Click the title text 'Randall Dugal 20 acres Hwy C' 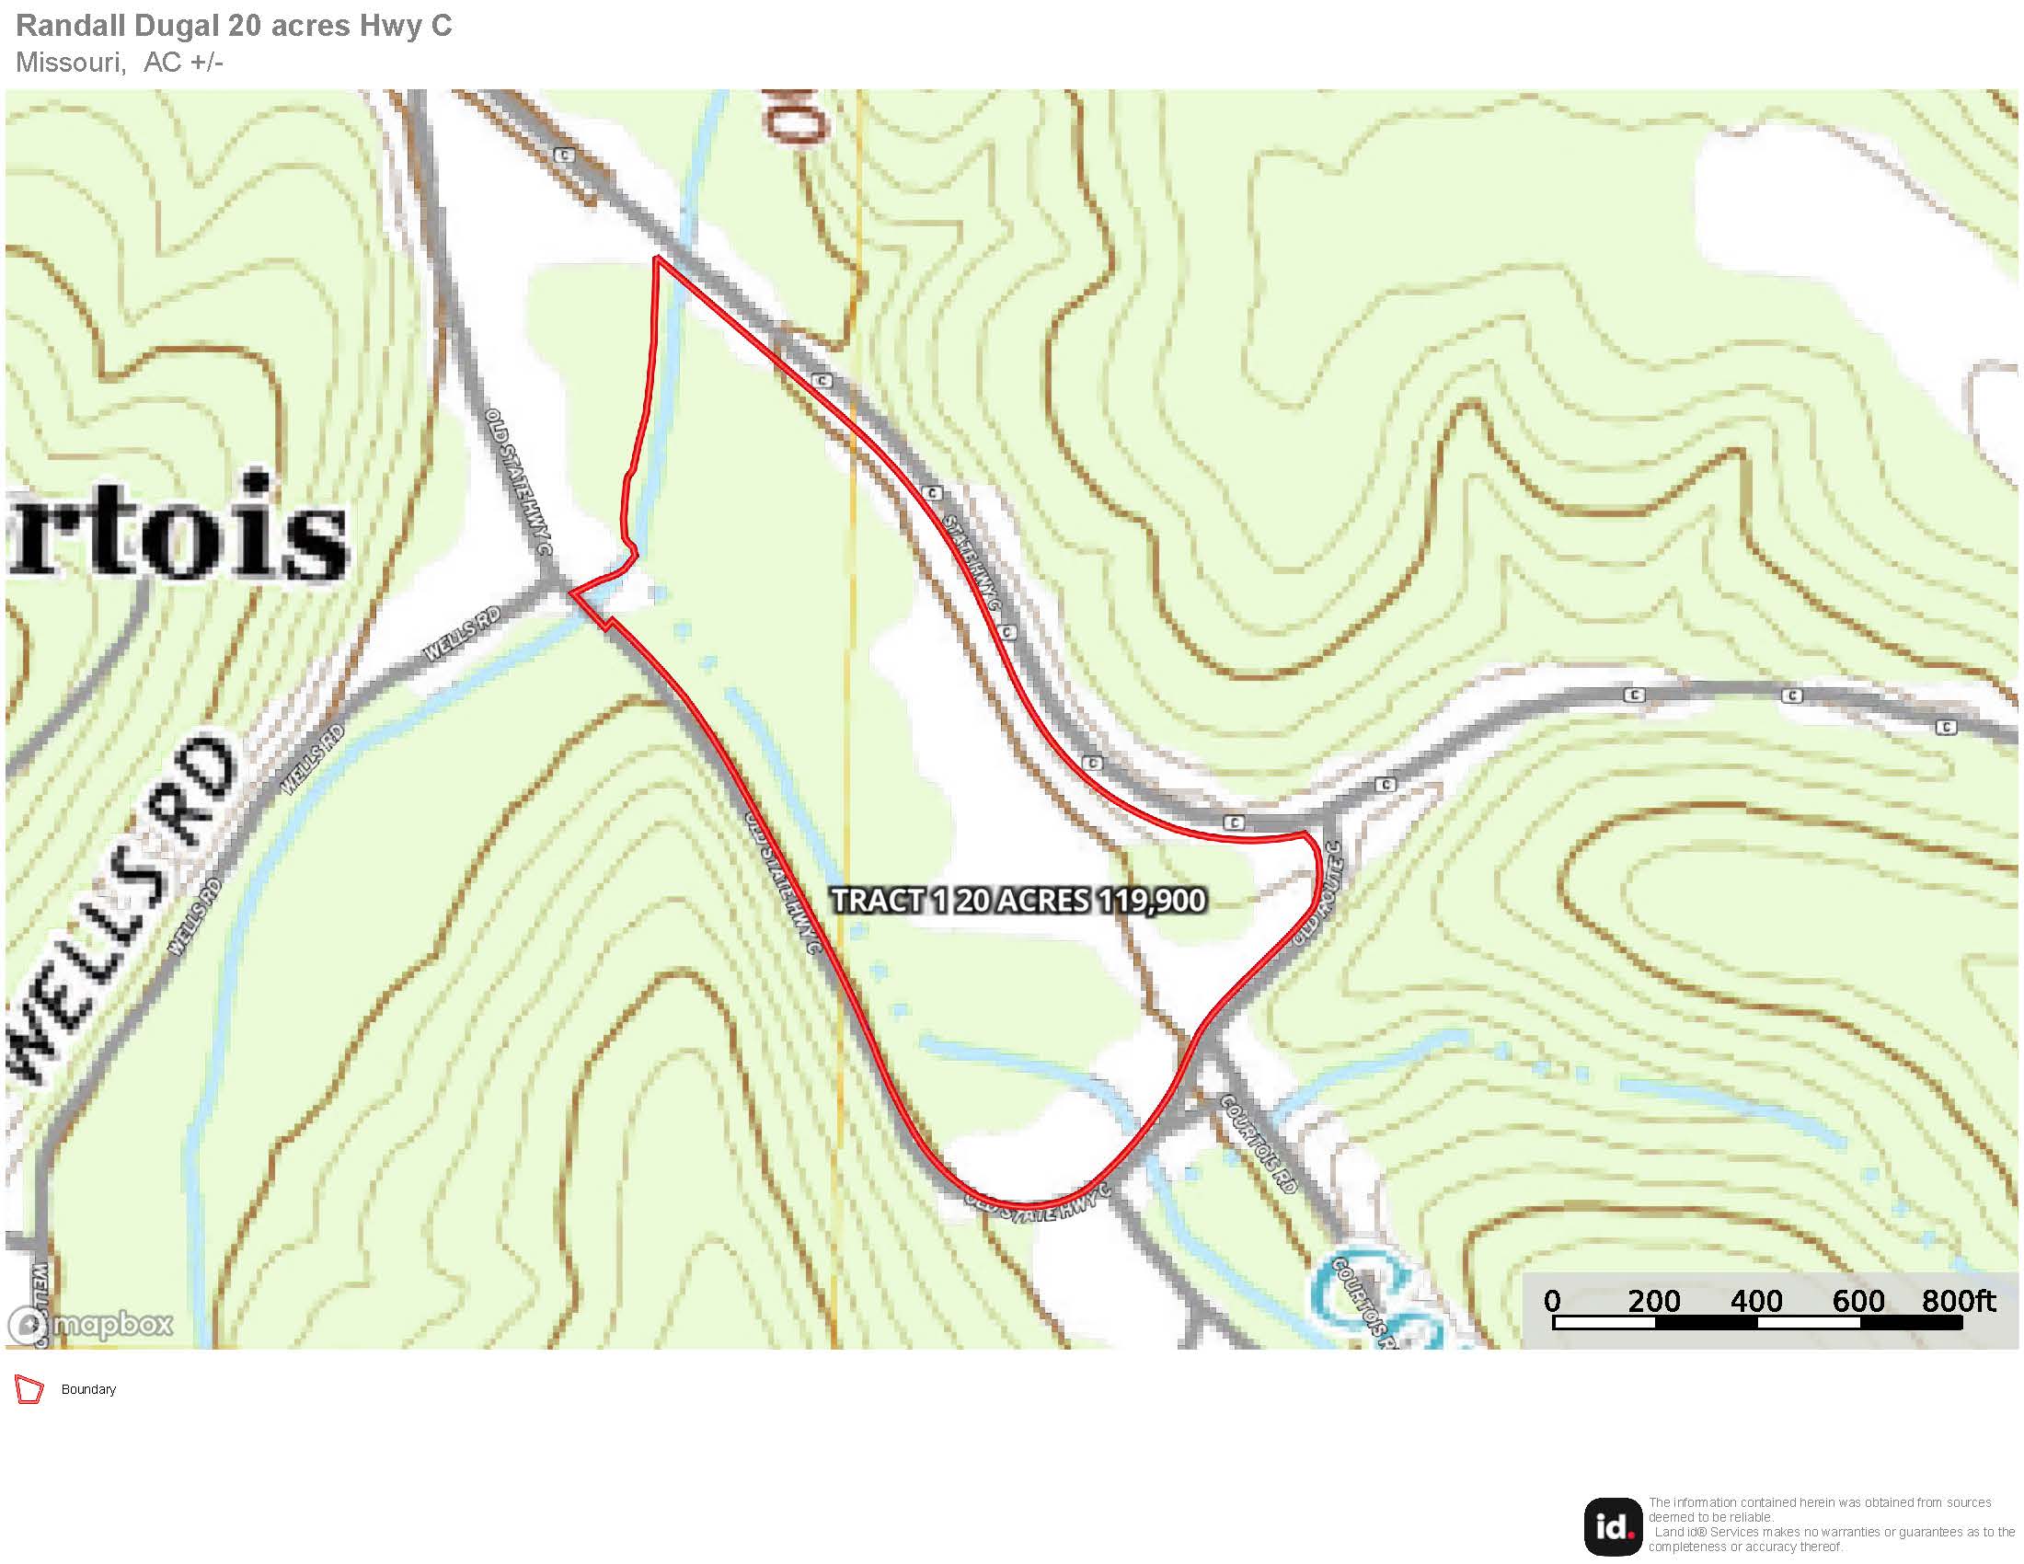click(x=234, y=26)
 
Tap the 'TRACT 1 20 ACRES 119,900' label click(x=1018, y=900)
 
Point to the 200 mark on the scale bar click(x=1654, y=1301)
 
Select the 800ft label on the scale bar click(x=1958, y=1301)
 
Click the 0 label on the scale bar click(x=1552, y=1301)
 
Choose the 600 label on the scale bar click(x=1858, y=1301)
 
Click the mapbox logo click(x=91, y=1324)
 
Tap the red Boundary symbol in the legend click(x=29, y=1390)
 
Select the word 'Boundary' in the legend click(x=88, y=1390)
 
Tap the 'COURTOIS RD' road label click(x=1259, y=1144)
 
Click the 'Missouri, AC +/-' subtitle click(x=120, y=62)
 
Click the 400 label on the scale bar click(x=1756, y=1301)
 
